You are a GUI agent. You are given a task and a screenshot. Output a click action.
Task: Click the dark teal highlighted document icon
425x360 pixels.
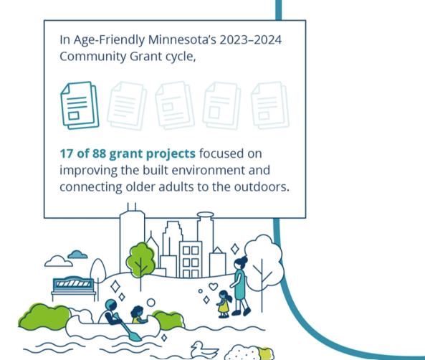80,105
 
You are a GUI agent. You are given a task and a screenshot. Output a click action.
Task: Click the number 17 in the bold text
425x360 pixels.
67,153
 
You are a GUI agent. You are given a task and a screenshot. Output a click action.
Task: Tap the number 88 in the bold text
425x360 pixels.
99,153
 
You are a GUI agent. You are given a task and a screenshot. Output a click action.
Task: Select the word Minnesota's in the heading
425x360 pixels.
182,39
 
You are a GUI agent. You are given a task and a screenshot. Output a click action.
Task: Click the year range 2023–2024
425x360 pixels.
250,39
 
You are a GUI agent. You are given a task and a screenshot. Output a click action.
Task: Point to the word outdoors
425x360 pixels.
262,187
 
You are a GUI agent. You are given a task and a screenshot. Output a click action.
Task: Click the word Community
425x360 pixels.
92,57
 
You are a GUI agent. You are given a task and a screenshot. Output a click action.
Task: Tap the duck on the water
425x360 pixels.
204,350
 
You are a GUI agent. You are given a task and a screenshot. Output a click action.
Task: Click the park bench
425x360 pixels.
73,288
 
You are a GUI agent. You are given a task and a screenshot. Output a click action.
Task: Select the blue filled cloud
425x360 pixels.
77,255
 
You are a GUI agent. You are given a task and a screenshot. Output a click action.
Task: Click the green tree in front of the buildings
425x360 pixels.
141,260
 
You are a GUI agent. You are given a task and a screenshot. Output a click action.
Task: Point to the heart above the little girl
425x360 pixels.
214,286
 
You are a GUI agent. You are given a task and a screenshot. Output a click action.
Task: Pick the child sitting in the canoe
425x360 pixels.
138,315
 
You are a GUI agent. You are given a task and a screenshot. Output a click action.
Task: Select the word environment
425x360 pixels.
207,171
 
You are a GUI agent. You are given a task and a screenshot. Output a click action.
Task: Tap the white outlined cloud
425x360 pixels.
59,261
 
